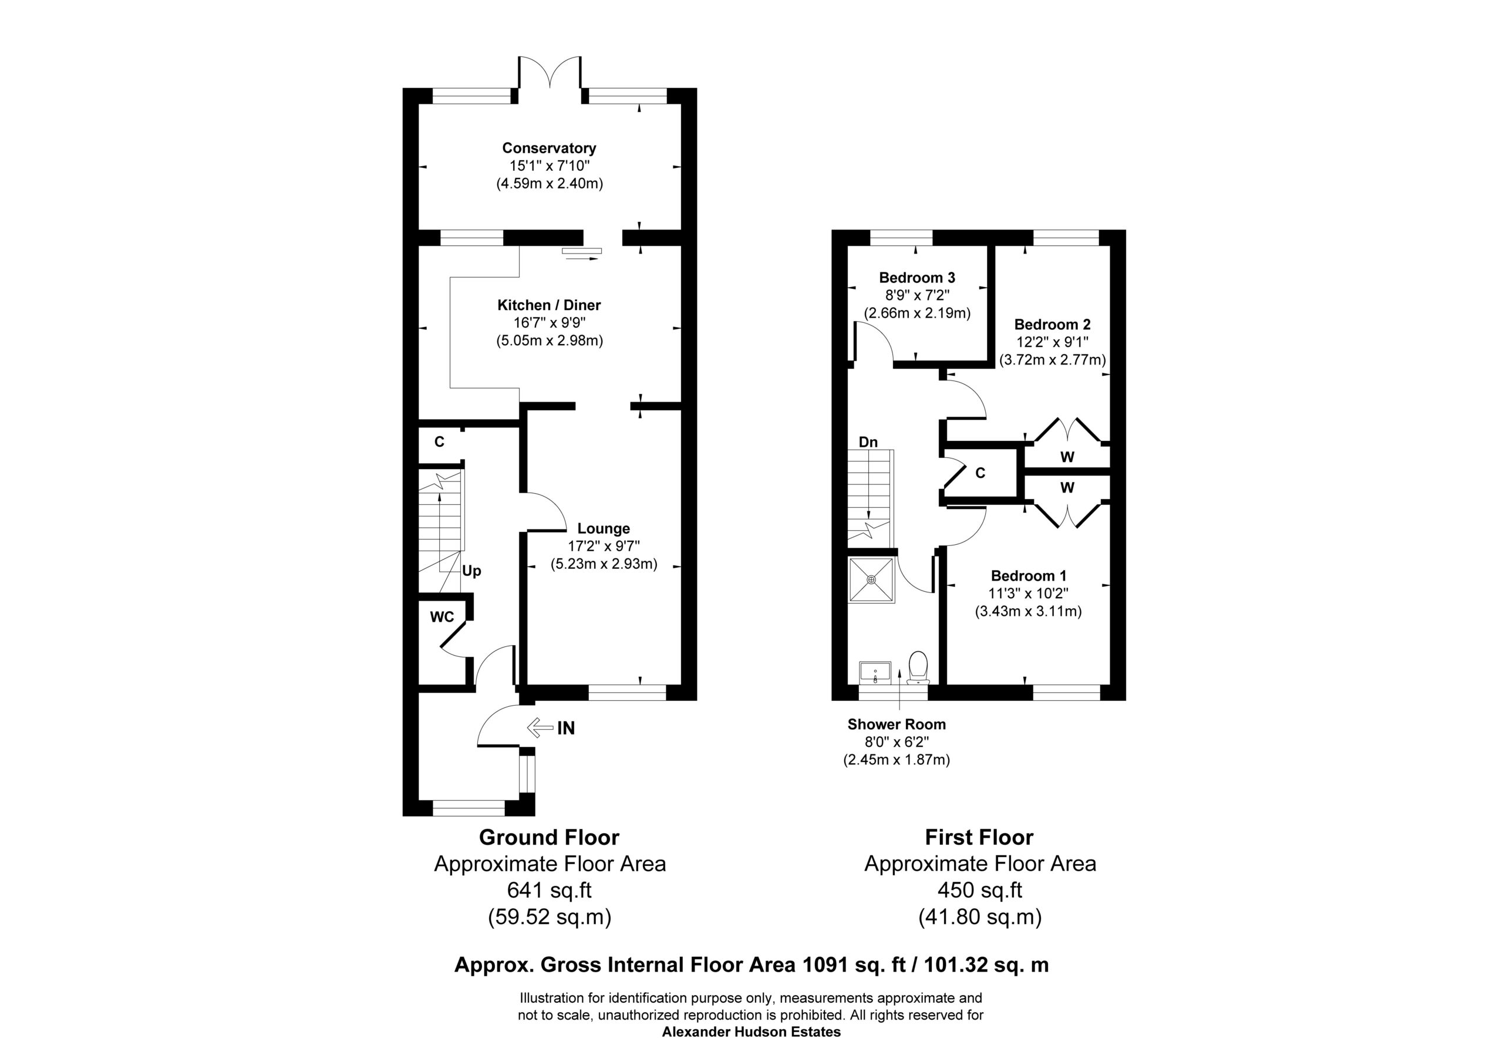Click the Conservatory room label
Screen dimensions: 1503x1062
[x=549, y=148]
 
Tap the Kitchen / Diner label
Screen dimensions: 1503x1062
[x=549, y=305]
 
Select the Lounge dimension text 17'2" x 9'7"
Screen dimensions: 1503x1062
[x=604, y=546]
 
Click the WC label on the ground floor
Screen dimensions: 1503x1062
[x=442, y=617]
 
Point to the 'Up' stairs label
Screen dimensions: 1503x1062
[x=471, y=571]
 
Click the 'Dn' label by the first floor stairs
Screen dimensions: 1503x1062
[x=868, y=442]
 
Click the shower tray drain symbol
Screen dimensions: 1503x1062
[x=871, y=579]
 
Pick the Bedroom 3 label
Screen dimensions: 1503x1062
[x=917, y=278]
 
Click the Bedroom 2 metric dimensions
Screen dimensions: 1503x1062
[x=1053, y=359]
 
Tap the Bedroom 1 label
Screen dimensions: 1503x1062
[x=1029, y=575]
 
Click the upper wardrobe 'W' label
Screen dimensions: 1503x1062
[x=1067, y=457]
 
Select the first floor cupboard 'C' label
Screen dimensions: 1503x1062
[x=980, y=473]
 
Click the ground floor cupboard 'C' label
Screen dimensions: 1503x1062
[x=439, y=442]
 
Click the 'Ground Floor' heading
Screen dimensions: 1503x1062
[x=549, y=837]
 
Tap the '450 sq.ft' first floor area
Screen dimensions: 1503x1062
[x=979, y=890]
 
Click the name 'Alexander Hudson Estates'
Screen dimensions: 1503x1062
[x=751, y=1032]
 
